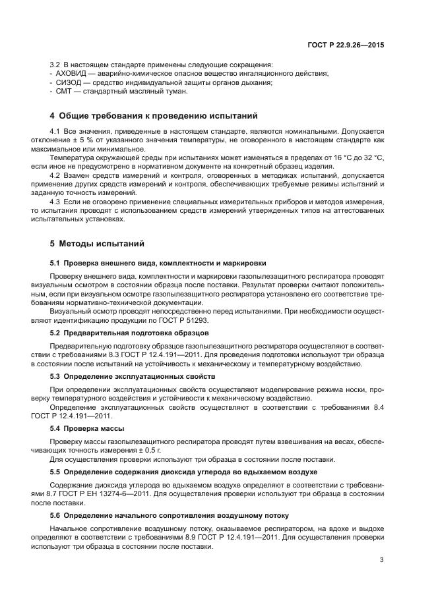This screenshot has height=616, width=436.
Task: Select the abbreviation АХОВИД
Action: click(71, 73)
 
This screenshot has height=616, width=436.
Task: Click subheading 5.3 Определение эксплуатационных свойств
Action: click(133, 376)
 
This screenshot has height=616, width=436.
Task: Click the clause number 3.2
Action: click(55, 64)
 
